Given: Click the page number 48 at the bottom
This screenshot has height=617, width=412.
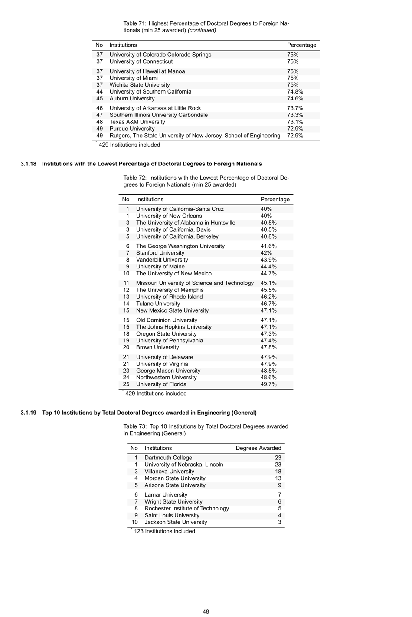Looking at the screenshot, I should click(x=206, y=611).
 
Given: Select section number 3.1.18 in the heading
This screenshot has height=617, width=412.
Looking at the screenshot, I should click(x=28, y=164).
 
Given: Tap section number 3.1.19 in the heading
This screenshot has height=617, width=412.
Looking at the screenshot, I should click(x=28, y=413).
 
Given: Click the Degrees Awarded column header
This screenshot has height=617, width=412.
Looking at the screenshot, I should click(x=258, y=448).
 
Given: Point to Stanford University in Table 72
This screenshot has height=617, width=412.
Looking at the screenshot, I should click(x=160, y=253).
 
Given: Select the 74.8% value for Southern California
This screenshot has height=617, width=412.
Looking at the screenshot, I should click(x=295, y=92).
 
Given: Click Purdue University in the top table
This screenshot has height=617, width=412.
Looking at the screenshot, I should click(x=132, y=129).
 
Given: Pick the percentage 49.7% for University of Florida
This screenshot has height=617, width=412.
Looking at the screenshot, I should click(x=268, y=384).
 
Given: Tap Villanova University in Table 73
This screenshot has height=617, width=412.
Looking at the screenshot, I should click(x=169, y=472).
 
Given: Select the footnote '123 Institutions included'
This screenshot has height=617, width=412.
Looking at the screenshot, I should click(x=164, y=531).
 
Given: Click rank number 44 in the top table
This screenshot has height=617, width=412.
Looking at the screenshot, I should click(x=100, y=92).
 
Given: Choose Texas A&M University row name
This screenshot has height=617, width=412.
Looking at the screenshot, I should click(x=137, y=122).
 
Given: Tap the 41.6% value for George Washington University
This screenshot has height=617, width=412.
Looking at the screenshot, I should click(x=268, y=246).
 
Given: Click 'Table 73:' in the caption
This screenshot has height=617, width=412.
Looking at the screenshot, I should click(x=135, y=426).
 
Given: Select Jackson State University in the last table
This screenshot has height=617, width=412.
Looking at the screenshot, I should click(x=176, y=522).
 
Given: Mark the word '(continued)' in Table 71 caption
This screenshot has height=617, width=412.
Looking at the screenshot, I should click(x=202, y=30).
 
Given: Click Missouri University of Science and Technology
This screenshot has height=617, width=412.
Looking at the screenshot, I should click(x=195, y=283).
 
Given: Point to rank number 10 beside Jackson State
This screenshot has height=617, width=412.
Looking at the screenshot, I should click(x=134, y=522).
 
